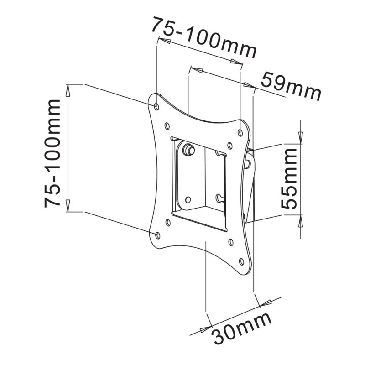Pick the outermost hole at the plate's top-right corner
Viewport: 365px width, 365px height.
[240, 133]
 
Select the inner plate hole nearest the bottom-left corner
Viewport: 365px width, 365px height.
[168, 223]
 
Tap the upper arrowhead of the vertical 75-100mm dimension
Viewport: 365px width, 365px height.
[68, 90]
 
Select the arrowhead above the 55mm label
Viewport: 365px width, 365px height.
[301, 137]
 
